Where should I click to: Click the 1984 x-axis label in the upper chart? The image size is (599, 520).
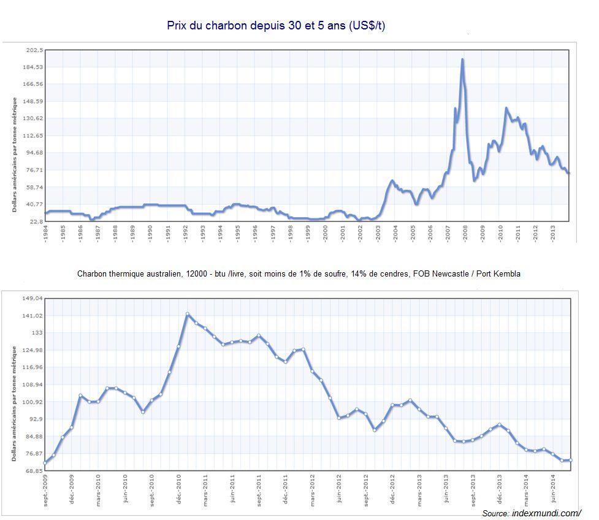[46, 234]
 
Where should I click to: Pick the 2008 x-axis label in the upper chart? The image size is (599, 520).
[465, 234]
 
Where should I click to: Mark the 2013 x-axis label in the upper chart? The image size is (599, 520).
[553, 234]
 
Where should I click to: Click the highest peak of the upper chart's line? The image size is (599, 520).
[462, 59]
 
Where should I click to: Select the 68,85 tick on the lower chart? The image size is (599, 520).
[33, 471]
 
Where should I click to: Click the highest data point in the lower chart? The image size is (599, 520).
[188, 314]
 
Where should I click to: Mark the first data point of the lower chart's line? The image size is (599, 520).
[45, 463]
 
